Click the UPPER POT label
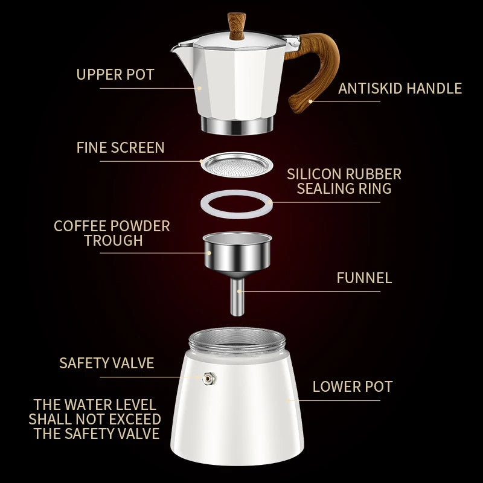115,75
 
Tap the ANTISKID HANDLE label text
400,89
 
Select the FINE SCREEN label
120,147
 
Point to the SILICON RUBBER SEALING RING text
344,181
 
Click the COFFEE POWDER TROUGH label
112,233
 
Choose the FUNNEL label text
363,278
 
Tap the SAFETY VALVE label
106,363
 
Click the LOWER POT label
353,386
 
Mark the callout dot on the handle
310,101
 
